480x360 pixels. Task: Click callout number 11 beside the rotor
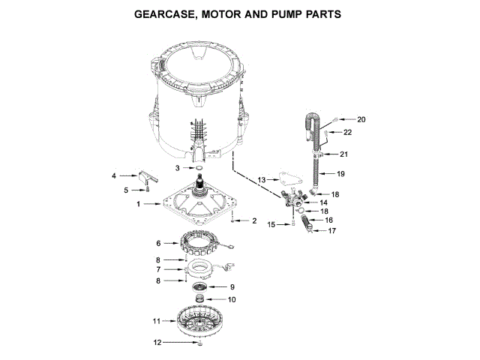157,320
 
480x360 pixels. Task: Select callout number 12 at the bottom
157,343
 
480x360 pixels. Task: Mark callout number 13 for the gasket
262,180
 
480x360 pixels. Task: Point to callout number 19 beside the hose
340,173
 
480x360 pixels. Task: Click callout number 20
361,119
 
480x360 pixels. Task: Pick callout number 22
347,132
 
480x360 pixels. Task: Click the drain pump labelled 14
296,200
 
